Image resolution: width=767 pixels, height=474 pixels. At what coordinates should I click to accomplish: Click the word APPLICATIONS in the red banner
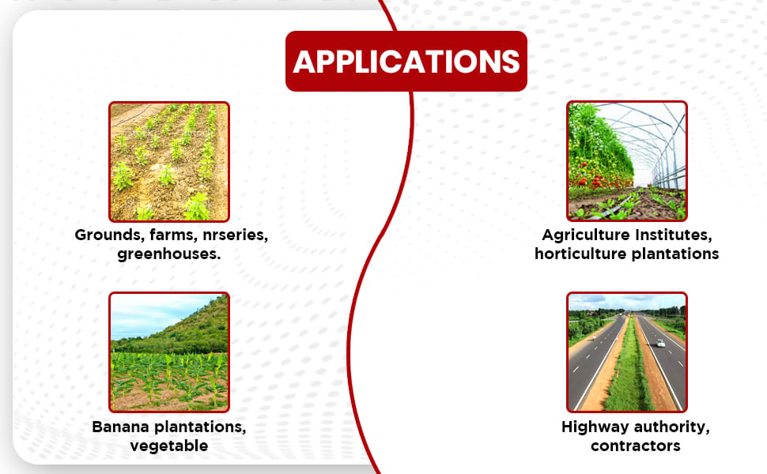point(406,62)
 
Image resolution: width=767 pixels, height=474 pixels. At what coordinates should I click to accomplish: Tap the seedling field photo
point(168,161)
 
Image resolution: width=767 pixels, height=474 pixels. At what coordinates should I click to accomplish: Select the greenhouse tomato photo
point(626,161)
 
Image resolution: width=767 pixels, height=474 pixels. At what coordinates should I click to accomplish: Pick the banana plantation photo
point(168,352)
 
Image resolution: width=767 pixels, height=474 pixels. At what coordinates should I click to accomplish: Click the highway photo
point(626,352)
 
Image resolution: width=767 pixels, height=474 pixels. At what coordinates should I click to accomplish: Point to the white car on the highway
point(660,343)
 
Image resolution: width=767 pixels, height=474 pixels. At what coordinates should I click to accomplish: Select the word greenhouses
point(168,254)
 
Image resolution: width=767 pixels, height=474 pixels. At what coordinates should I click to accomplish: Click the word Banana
point(120,427)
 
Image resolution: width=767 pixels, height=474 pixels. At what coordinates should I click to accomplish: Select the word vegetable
point(168,446)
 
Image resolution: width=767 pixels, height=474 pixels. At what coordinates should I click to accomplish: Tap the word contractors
point(636,446)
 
